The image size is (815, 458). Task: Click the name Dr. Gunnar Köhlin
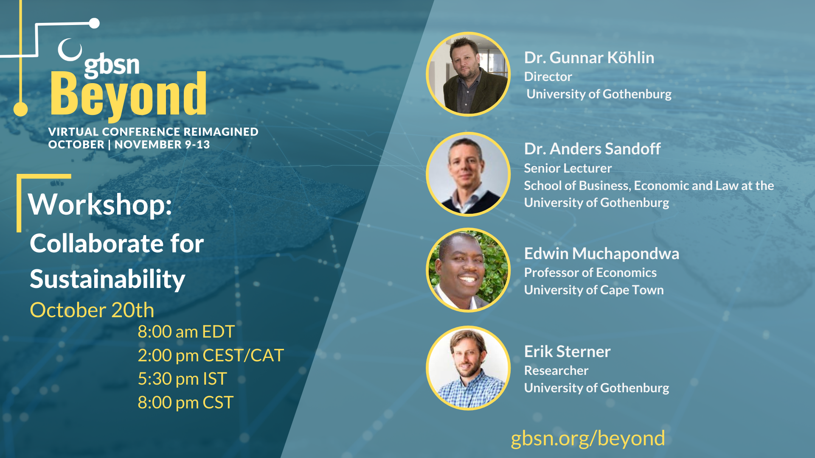click(x=589, y=58)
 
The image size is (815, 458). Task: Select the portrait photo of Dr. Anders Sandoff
click(x=468, y=174)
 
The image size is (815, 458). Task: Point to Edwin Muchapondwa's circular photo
click(x=468, y=270)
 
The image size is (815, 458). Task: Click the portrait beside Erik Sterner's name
click(x=468, y=368)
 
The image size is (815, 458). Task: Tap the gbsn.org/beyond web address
click(x=588, y=438)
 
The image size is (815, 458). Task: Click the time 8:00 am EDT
click(x=186, y=332)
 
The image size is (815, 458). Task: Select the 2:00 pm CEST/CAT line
click(x=211, y=355)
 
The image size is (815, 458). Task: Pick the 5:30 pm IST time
click(x=182, y=379)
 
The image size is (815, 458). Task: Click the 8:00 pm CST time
click(x=185, y=402)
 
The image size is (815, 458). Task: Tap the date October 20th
click(x=92, y=310)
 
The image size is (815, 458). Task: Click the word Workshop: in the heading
click(x=100, y=205)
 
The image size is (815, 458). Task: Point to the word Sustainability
click(x=107, y=280)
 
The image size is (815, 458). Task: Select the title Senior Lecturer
click(x=568, y=168)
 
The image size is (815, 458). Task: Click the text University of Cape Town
click(x=594, y=290)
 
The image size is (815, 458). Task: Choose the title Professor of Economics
click(x=590, y=273)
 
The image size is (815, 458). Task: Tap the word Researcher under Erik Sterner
click(x=556, y=371)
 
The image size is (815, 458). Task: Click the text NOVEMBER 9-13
click(x=162, y=145)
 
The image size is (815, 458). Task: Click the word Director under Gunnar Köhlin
click(x=548, y=77)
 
